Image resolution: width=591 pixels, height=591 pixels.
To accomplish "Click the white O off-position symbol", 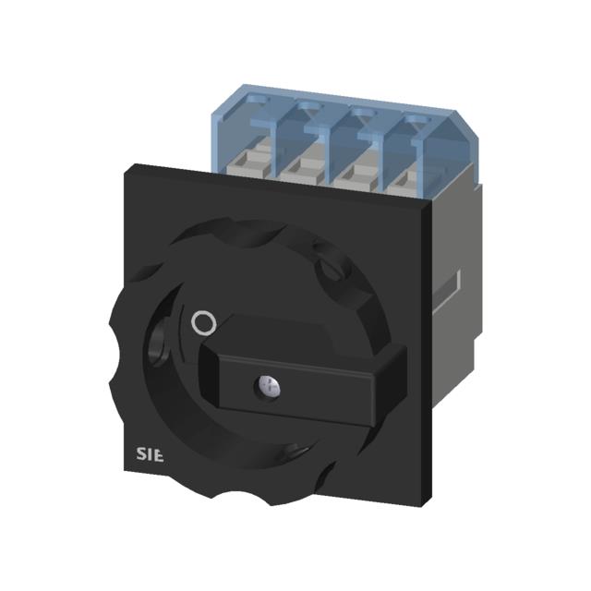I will tap(204, 322).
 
